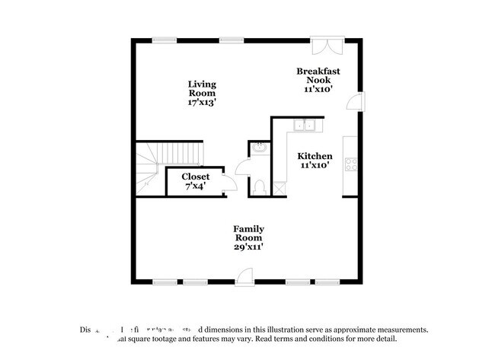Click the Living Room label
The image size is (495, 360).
203,88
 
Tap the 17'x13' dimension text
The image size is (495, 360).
203,102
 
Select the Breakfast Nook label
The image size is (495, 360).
318,75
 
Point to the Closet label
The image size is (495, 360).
195,177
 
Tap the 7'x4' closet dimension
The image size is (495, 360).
195,186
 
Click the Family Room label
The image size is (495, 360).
248,233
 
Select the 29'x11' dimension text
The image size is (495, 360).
248,246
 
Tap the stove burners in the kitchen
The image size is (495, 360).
352,164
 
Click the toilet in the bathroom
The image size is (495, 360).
258,186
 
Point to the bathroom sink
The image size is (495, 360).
258,148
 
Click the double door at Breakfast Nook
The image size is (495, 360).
332,46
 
